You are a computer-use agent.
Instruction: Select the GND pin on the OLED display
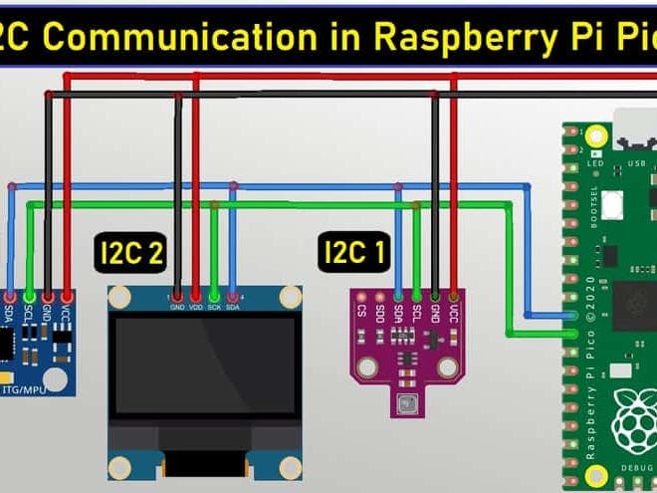(177, 295)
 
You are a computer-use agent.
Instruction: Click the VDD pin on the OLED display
(196, 295)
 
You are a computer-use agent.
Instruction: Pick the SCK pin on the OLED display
(215, 295)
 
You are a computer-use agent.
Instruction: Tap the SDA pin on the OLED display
(233, 295)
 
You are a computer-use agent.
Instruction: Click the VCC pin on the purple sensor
(454, 296)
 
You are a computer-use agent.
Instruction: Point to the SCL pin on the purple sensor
(416, 296)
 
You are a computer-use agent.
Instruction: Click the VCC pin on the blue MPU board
(67, 296)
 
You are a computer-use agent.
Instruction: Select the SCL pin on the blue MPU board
(29, 296)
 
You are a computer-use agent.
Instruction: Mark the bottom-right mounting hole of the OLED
(290, 464)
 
